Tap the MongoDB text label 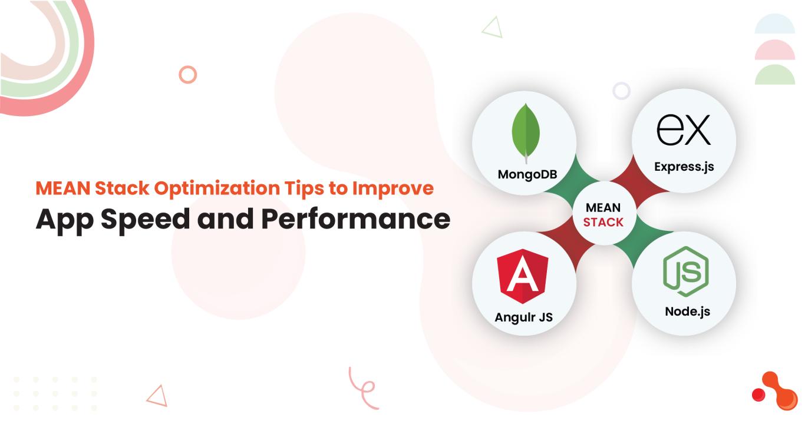tap(527, 174)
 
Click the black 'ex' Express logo tap(683, 130)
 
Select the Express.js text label tap(684, 167)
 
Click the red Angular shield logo tap(523, 276)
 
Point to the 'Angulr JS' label tap(524, 317)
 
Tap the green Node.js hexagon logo tap(686, 271)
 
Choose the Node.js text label tap(688, 312)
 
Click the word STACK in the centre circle tap(603, 223)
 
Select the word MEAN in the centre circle tap(603, 208)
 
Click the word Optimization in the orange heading tap(217, 188)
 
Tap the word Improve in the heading tap(393, 188)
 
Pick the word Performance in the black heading tap(355, 219)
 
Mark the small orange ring tap(188, 75)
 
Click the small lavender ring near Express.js tap(622, 91)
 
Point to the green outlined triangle tap(492, 27)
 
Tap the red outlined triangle tap(157, 396)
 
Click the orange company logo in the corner tap(775, 391)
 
